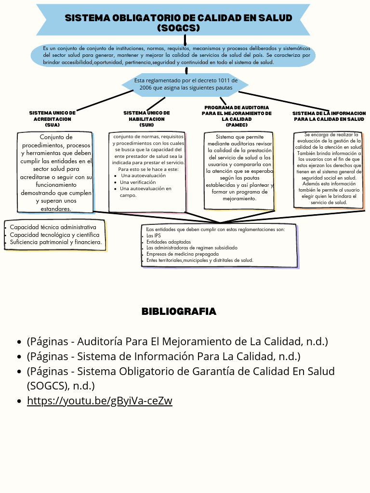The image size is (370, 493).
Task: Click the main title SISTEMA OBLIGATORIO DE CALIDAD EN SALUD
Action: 178,18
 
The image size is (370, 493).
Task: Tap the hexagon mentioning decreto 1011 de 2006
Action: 185,84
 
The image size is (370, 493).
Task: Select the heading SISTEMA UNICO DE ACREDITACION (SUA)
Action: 53,118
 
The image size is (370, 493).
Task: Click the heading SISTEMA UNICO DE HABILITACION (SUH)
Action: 146,118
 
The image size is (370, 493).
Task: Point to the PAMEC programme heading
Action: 237,116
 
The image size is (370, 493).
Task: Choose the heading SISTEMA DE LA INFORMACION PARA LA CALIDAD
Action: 329,116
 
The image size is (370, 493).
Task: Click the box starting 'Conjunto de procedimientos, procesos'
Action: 55,172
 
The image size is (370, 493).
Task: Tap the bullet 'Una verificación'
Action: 138,182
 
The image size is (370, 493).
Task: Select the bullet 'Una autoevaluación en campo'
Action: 145,192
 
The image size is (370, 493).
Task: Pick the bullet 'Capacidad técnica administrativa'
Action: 53,227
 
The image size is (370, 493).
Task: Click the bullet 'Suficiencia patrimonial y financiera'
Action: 56,242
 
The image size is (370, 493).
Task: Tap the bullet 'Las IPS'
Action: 154,236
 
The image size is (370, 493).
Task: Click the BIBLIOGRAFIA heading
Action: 179,311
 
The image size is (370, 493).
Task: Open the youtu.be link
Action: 99,401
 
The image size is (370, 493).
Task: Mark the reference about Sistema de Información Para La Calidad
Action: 164,356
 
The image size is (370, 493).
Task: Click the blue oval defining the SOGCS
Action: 173,55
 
